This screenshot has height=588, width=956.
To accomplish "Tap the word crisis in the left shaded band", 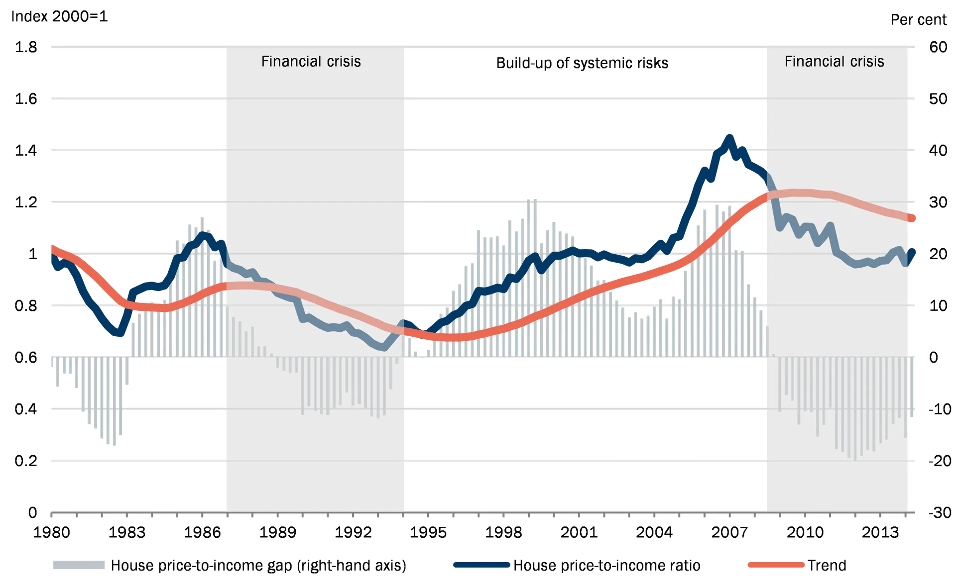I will point(344,62).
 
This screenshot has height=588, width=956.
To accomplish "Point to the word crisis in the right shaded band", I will point(867,62).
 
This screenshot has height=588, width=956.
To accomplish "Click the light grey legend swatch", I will point(80,565).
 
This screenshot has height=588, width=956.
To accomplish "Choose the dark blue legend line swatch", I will point(481,565).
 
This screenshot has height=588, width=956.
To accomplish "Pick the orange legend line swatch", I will point(776,565).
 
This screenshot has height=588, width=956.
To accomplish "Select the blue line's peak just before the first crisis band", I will point(203,234).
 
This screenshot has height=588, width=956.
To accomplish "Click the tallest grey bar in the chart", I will point(531,198).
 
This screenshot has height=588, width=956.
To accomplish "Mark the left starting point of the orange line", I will point(50,246).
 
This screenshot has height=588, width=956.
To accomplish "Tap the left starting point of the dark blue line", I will point(50,256).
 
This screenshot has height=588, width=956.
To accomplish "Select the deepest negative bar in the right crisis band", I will point(855,459).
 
